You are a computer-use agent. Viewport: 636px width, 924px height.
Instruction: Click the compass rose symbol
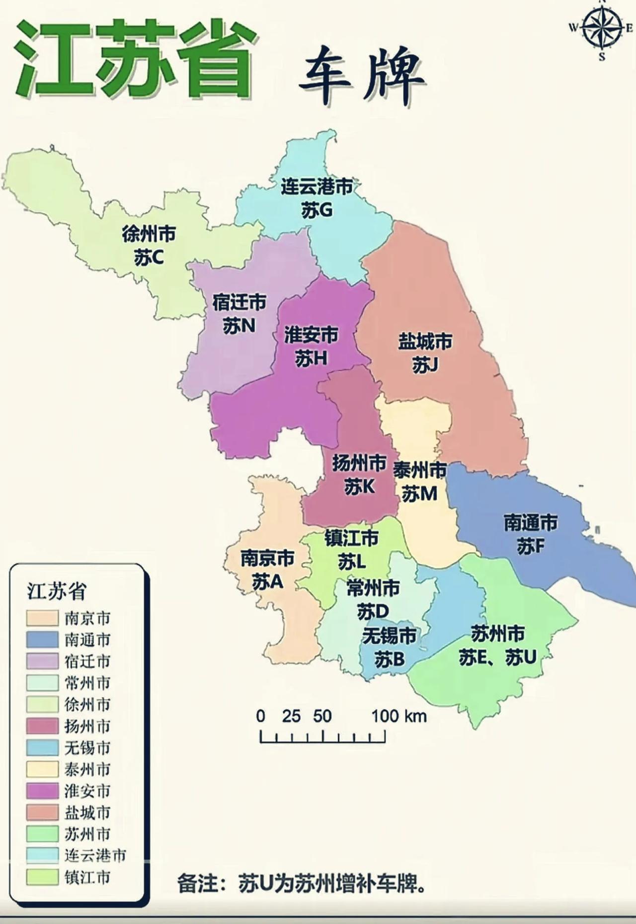[x=602, y=28]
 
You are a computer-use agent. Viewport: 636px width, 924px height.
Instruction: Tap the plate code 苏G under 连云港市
[x=317, y=211]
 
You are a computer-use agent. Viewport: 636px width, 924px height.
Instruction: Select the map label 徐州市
[x=149, y=234]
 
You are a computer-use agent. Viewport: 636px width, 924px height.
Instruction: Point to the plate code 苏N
[x=238, y=326]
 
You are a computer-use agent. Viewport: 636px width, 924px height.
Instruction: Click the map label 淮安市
[x=311, y=335]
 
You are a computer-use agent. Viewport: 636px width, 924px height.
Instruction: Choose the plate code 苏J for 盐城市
[x=425, y=365]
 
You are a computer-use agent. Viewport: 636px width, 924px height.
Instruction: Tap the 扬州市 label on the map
[x=359, y=463]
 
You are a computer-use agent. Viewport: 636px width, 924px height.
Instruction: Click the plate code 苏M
[x=419, y=494]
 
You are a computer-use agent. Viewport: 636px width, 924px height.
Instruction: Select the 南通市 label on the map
[x=531, y=522]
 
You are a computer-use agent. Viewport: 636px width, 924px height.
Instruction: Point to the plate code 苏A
[x=267, y=582]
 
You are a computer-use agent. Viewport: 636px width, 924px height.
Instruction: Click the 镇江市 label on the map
[x=351, y=538]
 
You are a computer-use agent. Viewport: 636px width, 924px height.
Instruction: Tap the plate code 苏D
[x=373, y=611]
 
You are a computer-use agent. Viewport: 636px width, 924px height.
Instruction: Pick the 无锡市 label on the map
[x=389, y=636]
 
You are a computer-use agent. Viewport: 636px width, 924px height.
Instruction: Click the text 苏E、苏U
[x=497, y=657]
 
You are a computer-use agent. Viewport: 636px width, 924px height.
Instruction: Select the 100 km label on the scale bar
[x=399, y=716]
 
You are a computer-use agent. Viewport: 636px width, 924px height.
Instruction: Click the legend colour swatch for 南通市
[x=42, y=640]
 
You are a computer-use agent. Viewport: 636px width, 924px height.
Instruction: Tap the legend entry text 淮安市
[x=87, y=791]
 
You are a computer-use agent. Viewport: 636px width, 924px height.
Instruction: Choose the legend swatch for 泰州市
[x=42, y=769]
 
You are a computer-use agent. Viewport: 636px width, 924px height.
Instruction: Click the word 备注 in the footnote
[x=197, y=884]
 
